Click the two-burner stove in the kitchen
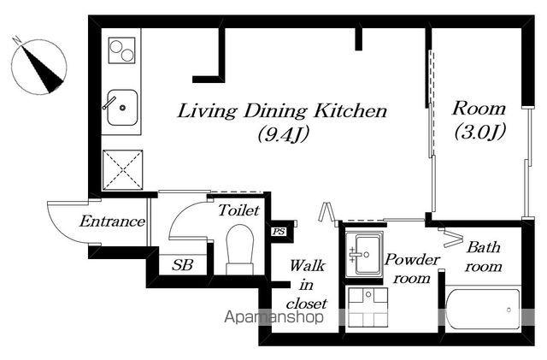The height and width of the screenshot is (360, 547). (x=121, y=50)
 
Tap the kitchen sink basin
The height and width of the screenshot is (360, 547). (x=122, y=108)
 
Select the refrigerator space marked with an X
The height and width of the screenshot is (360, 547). (x=122, y=170)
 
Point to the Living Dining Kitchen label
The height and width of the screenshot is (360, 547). (x=282, y=111)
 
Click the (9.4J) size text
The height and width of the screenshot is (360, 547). (x=284, y=134)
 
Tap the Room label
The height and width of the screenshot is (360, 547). (x=479, y=109)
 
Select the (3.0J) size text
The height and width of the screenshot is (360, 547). (x=480, y=132)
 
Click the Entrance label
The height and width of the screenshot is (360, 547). (x=112, y=221)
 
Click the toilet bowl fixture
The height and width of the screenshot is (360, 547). (x=239, y=250)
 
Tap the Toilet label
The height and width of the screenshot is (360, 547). (x=239, y=210)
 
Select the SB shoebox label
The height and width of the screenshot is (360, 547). (x=182, y=265)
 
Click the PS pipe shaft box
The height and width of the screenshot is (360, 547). (x=279, y=231)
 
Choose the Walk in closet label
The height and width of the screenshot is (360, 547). (x=307, y=285)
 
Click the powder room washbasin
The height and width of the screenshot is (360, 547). (x=364, y=255)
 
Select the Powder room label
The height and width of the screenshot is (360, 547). (x=412, y=269)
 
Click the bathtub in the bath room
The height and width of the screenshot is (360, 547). (x=484, y=310)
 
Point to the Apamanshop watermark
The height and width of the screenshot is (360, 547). (x=273, y=317)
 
